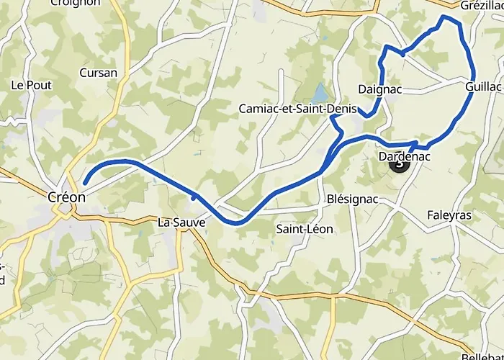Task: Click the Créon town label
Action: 66,197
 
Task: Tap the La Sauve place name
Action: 181,223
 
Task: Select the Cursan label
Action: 99,73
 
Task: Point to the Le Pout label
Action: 31,84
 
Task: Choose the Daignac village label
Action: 379,89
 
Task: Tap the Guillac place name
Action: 484,85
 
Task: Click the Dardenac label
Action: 403,155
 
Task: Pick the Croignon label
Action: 76,3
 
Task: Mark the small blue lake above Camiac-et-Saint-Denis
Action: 319,94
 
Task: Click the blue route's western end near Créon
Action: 85,184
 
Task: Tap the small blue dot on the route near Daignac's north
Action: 402,52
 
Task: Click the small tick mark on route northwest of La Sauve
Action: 194,196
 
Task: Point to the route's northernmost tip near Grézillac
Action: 445,16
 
